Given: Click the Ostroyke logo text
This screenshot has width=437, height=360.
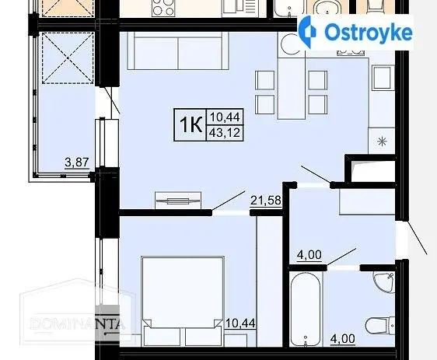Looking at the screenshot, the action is pos(369,33).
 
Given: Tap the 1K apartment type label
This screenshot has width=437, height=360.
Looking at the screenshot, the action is pos(191,125).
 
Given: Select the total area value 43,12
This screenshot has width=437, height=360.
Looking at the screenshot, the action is pos(225,133).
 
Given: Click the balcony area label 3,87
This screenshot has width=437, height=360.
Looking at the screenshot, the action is pos(77,163).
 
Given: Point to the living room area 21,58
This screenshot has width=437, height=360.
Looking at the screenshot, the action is pos(266,200).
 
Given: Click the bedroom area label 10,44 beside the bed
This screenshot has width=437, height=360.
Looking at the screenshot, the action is pos(240,323).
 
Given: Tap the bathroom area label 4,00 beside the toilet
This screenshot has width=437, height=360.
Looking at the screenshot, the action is pos(342,339).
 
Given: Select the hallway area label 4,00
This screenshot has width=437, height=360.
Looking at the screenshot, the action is pos(309,255).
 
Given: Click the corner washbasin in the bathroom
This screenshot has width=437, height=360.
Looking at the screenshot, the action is pos(384,282).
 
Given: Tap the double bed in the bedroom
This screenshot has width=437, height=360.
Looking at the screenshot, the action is pos(183,302).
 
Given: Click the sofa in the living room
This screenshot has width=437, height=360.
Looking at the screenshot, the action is pos(178,51).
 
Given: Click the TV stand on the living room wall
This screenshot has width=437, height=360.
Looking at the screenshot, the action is pos(178,200).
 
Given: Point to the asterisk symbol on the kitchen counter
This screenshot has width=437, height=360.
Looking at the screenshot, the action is pos(382,141).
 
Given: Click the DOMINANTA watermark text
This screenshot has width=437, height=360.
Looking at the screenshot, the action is pos(77,323).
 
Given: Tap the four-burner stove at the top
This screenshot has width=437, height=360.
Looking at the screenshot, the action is pos(163,9).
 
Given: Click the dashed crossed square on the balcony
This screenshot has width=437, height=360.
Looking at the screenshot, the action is pos(68,58).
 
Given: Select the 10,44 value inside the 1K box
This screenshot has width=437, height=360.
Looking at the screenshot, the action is pos(225,117).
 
